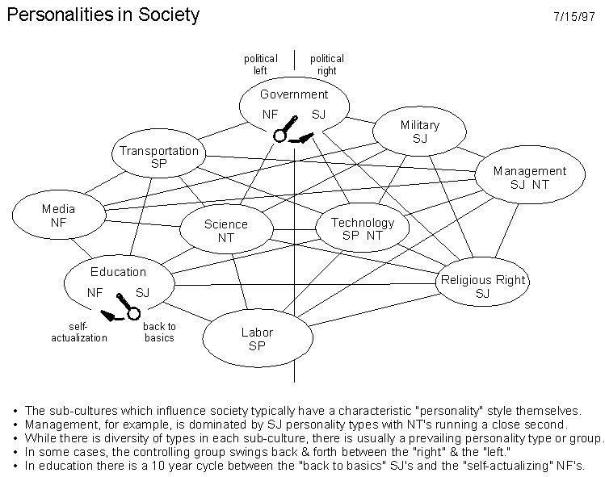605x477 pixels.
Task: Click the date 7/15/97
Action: point(574,17)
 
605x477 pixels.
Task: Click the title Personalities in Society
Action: point(103,15)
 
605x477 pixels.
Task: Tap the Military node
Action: point(419,131)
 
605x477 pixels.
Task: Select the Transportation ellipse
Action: point(158,153)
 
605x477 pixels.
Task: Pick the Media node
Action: point(59,215)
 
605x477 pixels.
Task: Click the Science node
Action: point(226,228)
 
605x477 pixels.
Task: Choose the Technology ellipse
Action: point(363,228)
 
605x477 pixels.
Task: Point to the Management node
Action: point(530,174)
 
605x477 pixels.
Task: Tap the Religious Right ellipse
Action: point(482,282)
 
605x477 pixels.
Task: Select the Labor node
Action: point(258,338)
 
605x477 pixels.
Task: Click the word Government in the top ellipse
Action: point(294,94)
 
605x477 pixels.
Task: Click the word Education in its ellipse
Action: point(119,272)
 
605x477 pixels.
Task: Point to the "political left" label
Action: point(260,65)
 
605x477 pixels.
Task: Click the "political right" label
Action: point(327,65)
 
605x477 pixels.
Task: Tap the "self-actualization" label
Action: point(79,332)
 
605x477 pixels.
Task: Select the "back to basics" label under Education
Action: point(159,332)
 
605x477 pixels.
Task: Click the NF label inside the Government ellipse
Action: point(270,114)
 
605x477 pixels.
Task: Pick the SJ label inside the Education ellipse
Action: point(142,293)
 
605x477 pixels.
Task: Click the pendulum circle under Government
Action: point(279,136)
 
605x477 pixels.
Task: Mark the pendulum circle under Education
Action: point(134,313)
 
